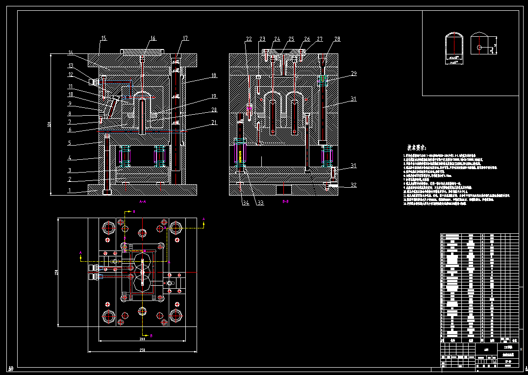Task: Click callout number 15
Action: (x=103, y=38)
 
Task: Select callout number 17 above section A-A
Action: (x=185, y=38)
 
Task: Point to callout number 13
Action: (x=71, y=65)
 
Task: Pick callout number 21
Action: (x=214, y=124)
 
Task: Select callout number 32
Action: (x=353, y=185)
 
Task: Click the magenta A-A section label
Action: (x=143, y=201)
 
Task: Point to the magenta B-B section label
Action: (x=285, y=201)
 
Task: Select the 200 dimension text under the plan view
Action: (x=142, y=339)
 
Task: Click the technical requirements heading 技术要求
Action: (x=416, y=147)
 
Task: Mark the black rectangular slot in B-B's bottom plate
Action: (x=284, y=189)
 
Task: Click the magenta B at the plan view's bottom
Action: (x=151, y=335)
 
